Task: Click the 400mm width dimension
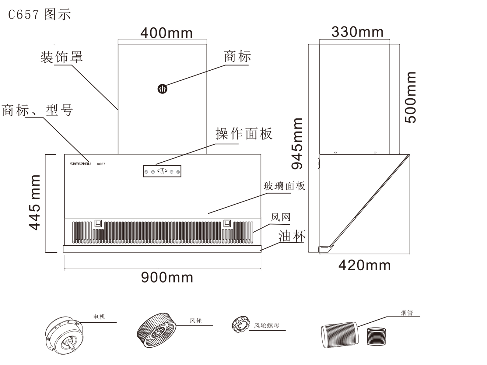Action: point(166,33)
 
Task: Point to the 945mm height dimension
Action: point(297,143)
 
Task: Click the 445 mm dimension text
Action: point(35,202)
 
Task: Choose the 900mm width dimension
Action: point(167,277)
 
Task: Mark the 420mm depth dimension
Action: point(364,265)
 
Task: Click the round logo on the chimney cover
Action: point(162,89)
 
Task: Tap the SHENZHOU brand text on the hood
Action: point(80,164)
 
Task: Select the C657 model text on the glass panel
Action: point(101,164)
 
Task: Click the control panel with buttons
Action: point(162,171)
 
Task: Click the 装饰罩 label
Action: point(61,57)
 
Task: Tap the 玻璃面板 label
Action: point(284,186)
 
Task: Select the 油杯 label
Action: point(292,236)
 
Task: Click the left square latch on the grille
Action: point(98,223)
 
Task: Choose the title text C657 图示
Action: point(39,14)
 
